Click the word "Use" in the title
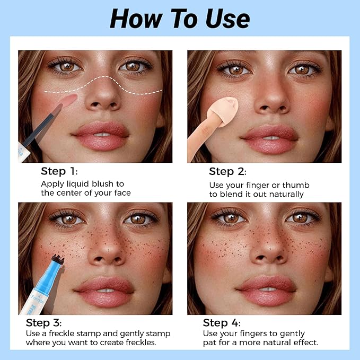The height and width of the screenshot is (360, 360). click(227, 19)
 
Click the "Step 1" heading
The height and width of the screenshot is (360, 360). click(59, 171)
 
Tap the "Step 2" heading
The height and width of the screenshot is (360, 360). click(227, 171)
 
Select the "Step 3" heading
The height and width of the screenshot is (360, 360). click(43, 323)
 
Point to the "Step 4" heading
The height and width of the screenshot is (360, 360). click(222, 323)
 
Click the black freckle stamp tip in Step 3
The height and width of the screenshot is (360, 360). click(58, 259)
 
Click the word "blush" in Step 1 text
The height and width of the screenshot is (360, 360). click(102, 184)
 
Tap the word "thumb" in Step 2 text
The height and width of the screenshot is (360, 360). click(296, 185)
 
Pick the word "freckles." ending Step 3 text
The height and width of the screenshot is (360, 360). click(141, 343)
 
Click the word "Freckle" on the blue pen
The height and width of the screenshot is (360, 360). click(37, 299)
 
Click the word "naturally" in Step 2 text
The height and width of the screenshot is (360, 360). click(286, 195)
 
